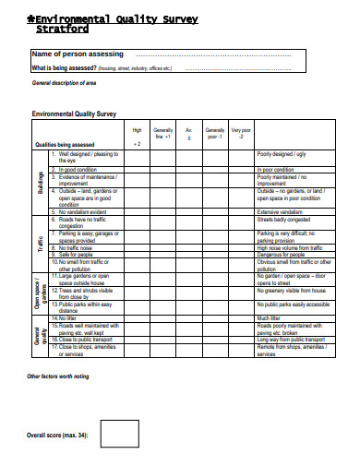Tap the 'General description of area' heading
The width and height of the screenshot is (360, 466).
click(x=65, y=83)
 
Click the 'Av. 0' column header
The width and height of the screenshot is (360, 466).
click(x=189, y=134)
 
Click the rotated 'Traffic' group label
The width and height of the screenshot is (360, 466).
click(x=41, y=244)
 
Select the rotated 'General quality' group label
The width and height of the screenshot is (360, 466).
click(x=41, y=335)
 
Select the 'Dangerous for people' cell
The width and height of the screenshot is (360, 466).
click(x=282, y=255)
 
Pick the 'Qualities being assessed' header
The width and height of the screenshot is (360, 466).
click(x=65, y=145)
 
